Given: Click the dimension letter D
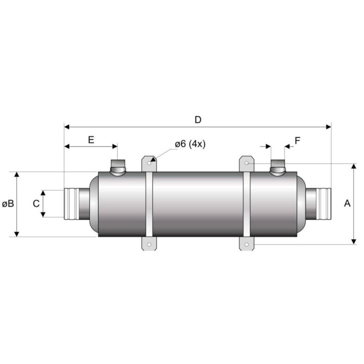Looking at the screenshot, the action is (198, 120).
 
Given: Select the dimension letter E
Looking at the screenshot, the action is (91, 140).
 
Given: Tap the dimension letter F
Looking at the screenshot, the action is (297, 140).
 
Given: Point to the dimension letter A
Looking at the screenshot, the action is (347, 203).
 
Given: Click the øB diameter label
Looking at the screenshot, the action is (8, 204).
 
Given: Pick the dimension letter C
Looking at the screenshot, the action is (36, 204).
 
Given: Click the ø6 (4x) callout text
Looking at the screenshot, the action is (190, 144).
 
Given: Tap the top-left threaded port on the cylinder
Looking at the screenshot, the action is (118, 167).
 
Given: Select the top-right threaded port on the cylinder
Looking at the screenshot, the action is (278, 167).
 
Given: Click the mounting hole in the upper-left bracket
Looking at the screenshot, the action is (149, 163).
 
